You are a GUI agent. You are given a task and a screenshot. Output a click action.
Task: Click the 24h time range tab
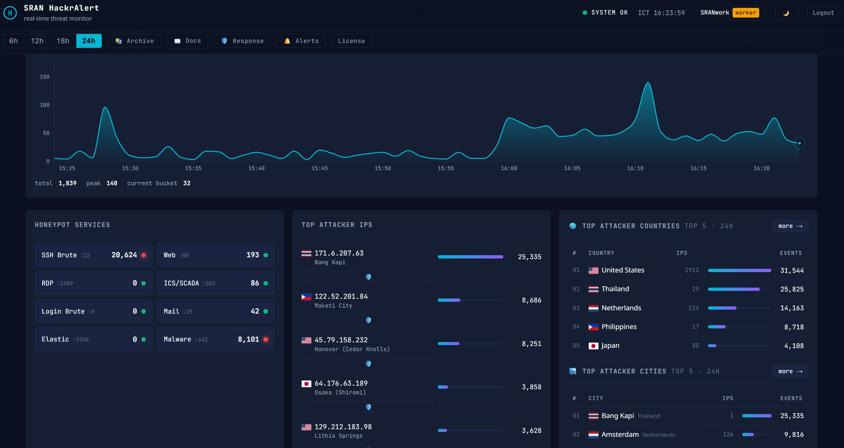point(89,41)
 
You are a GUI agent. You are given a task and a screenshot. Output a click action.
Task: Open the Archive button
point(134,41)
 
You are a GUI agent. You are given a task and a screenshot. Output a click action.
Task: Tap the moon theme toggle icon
point(786,13)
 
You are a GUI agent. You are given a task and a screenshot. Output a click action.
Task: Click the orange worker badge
point(745,13)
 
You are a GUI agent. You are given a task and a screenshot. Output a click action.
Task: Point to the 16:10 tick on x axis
point(635,168)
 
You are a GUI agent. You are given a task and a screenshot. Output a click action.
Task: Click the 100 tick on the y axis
point(45,105)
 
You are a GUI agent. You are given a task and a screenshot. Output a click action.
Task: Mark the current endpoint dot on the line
point(799,143)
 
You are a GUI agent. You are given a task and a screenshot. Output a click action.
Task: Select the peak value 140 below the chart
point(112,183)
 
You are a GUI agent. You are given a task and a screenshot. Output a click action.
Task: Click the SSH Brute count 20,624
point(124,255)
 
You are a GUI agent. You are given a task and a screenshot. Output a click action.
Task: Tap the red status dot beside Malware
point(266,340)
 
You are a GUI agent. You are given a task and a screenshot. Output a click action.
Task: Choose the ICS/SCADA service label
point(181,283)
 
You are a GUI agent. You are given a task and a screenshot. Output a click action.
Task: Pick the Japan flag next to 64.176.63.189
point(306,384)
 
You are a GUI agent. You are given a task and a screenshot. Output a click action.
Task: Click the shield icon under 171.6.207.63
point(368,277)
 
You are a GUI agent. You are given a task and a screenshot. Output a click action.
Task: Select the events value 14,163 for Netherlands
point(792,308)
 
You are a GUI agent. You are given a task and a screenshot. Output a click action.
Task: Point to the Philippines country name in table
point(619,327)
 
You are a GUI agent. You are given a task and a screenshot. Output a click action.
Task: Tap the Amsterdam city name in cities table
point(620,435)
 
